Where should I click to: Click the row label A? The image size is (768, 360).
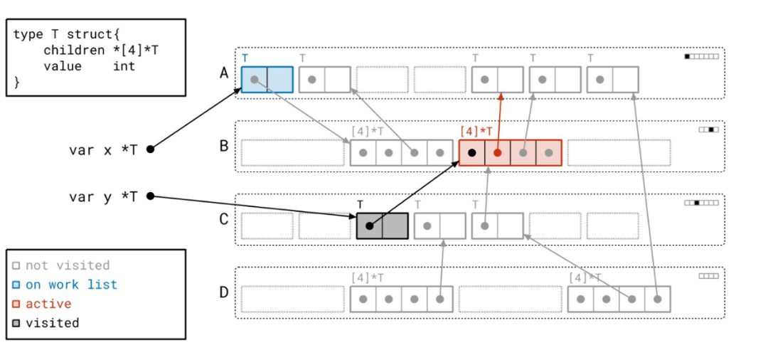pyautogui.click(x=224, y=73)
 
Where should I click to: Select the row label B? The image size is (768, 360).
pyautogui.click(x=224, y=147)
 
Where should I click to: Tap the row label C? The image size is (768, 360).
pyautogui.click(x=224, y=220)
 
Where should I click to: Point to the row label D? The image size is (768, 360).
pyautogui.click(x=224, y=292)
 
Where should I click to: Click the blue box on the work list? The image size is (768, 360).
pyautogui.click(x=267, y=80)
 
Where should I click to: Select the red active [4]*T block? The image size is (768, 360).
pyautogui.click(x=510, y=152)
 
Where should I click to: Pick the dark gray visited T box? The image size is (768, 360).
pyautogui.click(x=382, y=226)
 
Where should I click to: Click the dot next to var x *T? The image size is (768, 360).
pyautogui.click(x=150, y=149)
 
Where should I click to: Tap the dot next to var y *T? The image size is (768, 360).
pyautogui.click(x=150, y=196)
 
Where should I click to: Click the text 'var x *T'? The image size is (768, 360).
pyautogui.click(x=103, y=150)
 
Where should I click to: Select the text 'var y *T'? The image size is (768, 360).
pyautogui.click(x=103, y=197)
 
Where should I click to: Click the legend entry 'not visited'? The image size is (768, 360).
pyautogui.click(x=68, y=265)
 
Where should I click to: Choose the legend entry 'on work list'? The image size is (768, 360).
pyautogui.click(x=71, y=285)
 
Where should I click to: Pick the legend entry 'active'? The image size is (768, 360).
pyautogui.click(x=48, y=304)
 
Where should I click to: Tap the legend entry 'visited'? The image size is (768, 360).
pyautogui.click(x=52, y=323)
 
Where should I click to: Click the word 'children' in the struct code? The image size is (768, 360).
pyautogui.click(x=73, y=51)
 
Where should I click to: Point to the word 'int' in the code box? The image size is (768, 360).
pyautogui.click(x=124, y=66)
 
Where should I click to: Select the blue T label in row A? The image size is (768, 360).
pyautogui.click(x=245, y=58)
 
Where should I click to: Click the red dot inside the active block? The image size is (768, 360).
pyautogui.click(x=497, y=153)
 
